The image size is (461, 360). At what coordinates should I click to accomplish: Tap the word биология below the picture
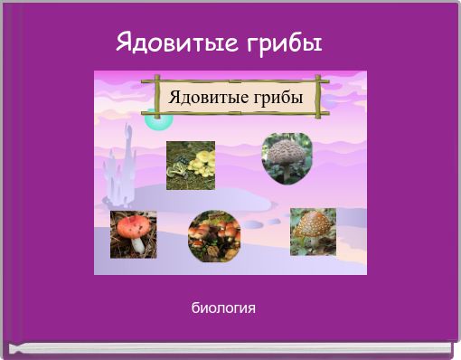(223, 308)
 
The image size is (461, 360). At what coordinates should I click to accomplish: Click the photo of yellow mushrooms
(190, 165)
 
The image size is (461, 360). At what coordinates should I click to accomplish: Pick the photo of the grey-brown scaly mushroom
(287, 157)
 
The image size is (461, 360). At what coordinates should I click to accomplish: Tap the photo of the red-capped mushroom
(133, 233)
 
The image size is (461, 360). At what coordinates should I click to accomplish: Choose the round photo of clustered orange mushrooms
(213, 235)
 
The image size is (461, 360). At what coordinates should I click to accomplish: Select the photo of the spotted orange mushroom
(313, 232)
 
